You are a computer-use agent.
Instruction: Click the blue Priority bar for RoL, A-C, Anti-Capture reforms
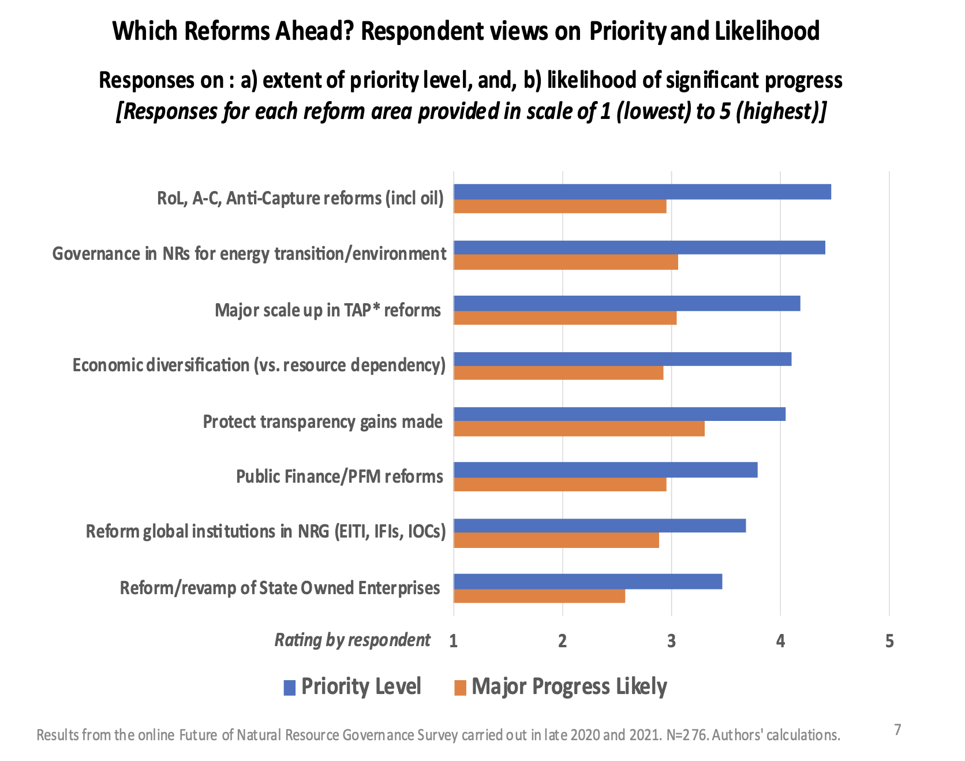click(x=642, y=192)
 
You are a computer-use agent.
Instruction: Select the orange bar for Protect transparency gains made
click(x=579, y=428)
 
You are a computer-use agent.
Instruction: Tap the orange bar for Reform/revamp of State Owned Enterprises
click(x=539, y=595)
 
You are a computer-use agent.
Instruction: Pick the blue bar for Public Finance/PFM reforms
click(x=605, y=470)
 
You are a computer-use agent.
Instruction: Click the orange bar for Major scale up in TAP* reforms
click(x=565, y=318)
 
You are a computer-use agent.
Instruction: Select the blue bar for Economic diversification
click(x=622, y=359)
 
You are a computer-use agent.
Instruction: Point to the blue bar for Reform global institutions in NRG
click(x=600, y=525)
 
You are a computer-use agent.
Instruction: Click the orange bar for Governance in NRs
click(x=566, y=262)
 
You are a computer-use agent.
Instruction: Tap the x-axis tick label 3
click(x=671, y=641)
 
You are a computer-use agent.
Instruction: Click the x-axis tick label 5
click(x=889, y=641)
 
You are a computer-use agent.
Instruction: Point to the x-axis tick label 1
click(x=454, y=641)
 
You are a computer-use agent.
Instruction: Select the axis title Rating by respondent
click(x=352, y=640)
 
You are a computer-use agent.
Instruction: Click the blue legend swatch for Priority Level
click(x=290, y=688)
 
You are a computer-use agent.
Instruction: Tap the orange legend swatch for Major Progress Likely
click(x=460, y=688)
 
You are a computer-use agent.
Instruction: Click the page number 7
click(x=897, y=730)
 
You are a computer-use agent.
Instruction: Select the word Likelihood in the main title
click(x=767, y=31)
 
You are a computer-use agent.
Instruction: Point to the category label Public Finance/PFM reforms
click(x=339, y=477)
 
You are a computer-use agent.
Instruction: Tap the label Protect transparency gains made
click(x=323, y=422)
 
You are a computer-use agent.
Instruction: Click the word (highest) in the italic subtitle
click(x=781, y=111)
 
